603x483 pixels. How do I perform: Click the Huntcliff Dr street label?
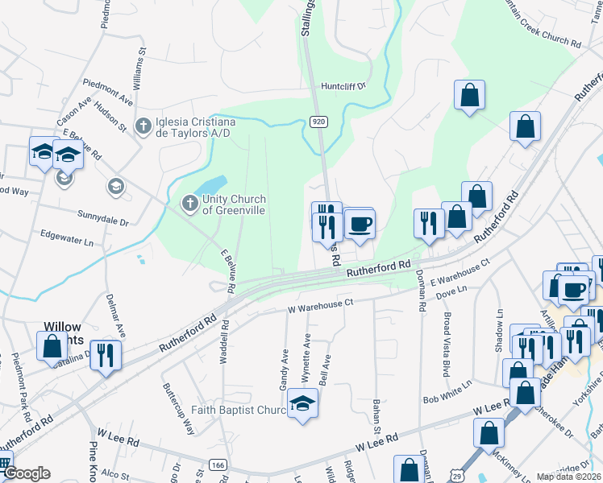(343, 85)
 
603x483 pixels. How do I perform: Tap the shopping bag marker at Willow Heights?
(52, 347)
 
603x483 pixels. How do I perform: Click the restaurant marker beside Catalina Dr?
(106, 355)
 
